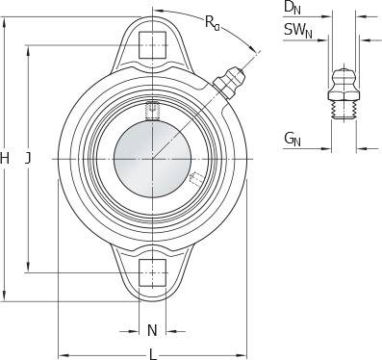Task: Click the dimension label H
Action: (x=5, y=159)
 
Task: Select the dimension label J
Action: (x=28, y=159)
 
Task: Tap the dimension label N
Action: (x=152, y=330)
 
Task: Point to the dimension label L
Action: (x=153, y=354)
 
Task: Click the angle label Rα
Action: (x=213, y=22)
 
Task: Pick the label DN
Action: (x=293, y=8)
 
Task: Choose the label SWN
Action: (x=298, y=31)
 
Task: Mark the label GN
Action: (x=293, y=140)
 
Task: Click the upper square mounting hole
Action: (x=152, y=45)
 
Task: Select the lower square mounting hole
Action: (x=152, y=272)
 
